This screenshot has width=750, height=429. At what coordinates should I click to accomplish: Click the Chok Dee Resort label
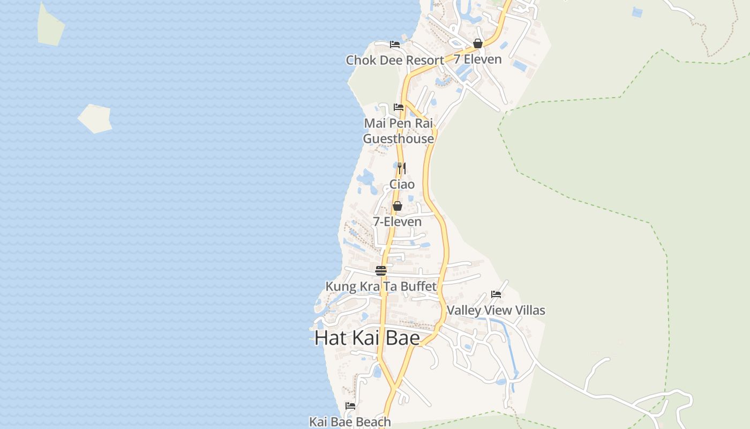pyautogui.click(x=395, y=60)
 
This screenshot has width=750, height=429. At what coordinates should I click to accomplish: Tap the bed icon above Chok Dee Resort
pyautogui.click(x=395, y=45)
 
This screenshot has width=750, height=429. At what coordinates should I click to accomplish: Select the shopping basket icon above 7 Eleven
pyautogui.click(x=478, y=43)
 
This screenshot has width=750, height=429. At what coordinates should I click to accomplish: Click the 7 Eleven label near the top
pyautogui.click(x=478, y=59)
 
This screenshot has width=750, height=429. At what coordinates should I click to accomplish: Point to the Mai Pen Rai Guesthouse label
pyautogui.click(x=399, y=131)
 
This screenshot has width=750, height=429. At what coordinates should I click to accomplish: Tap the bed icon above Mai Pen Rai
pyautogui.click(x=399, y=107)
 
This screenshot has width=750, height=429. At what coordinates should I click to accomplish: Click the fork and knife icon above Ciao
pyautogui.click(x=402, y=168)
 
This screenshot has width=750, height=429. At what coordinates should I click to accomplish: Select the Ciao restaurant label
pyautogui.click(x=402, y=184)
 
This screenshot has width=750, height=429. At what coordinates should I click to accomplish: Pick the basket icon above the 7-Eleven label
pyautogui.click(x=397, y=206)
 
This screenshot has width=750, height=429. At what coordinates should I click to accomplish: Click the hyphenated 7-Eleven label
pyautogui.click(x=397, y=221)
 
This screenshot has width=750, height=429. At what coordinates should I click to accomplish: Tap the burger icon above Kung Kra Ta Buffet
pyautogui.click(x=381, y=271)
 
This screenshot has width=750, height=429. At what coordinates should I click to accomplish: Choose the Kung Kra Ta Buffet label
pyautogui.click(x=381, y=286)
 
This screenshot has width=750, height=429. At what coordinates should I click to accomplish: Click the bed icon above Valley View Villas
pyautogui.click(x=496, y=294)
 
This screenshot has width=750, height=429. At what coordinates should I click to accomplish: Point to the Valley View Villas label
pyautogui.click(x=496, y=310)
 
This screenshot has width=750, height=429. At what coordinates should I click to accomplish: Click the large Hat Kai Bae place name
pyautogui.click(x=367, y=338)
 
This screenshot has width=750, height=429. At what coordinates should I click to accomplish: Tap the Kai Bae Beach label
pyautogui.click(x=350, y=422)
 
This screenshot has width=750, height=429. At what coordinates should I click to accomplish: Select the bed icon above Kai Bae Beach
pyautogui.click(x=350, y=406)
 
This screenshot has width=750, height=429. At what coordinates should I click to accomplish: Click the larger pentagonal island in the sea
pyautogui.click(x=95, y=118)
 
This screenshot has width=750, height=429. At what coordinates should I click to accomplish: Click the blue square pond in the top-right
pyautogui.click(x=637, y=12)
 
